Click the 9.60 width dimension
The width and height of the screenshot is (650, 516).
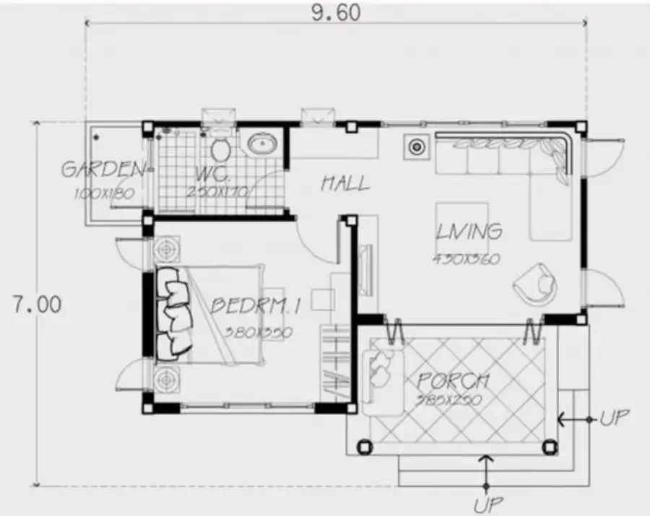[334, 12]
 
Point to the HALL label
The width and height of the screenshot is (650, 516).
[344, 183]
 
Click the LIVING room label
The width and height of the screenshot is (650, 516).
[469, 232]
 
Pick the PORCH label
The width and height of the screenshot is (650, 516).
[453, 380]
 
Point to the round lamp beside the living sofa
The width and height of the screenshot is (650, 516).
[417, 147]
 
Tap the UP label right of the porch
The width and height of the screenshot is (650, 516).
[614, 418]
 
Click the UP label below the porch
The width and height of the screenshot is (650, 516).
[488, 503]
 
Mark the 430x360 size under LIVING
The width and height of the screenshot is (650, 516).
[467, 258]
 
